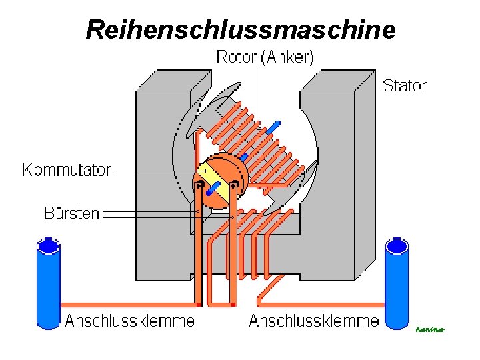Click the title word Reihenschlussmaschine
point(240,29)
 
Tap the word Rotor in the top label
point(237,57)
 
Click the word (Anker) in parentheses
point(287,57)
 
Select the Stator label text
point(404,85)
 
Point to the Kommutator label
point(66,169)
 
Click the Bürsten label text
point(71,213)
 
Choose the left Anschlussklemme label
point(129,321)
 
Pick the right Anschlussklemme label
point(313,321)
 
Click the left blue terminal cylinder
point(48,283)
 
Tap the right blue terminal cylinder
point(397,283)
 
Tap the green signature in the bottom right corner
point(429,328)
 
